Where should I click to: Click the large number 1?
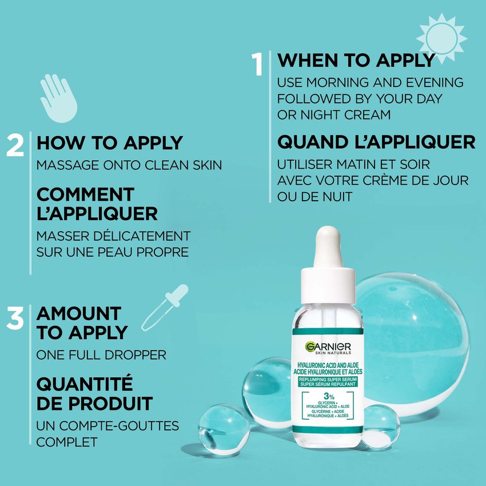[x=258, y=64]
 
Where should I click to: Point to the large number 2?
[x=15, y=146]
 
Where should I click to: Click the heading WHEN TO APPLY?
[x=356, y=60]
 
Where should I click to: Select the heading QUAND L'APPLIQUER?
[x=376, y=141]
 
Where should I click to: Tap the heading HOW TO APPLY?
[x=109, y=143]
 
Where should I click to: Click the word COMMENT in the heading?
[x=85, y=194]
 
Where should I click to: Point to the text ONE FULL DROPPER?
[x=101, y=355]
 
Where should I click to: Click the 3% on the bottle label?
[x=327, y=396]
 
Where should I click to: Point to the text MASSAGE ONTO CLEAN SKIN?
[x=129, y=165]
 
